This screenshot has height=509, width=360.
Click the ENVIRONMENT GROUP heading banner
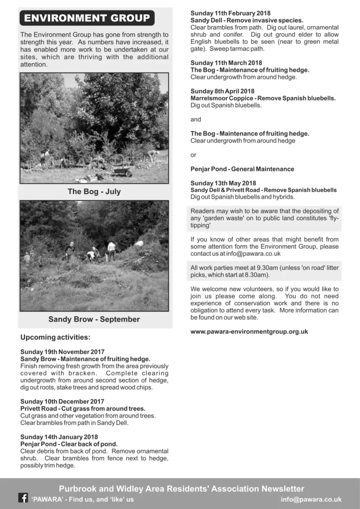pyautogui.click(x=87, y=18)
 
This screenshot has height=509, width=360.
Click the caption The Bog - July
pyautogui.click(x=94, y=191)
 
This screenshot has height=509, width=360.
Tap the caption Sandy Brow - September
pyautogui.click(x=94, y=319)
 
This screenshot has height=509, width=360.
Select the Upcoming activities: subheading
pyautogui.click(x=55, y=338)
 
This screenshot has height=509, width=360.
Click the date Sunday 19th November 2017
pyautogui.click(x=63, y=352)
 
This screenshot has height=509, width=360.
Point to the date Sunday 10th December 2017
pyautogui.click(x=62, y=401)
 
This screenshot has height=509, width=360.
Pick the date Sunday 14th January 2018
pyautogui.click(x=59, y=437)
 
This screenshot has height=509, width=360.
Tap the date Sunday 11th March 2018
pyautogui.click(x=226, y=63)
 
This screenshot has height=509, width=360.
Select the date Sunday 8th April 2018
pyautogui.click(x=222, y=91)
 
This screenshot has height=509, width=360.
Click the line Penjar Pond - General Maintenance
pyautogui.click(x=242, y=169)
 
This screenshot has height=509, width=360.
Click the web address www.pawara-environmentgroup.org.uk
pyautogui.click(x=249, y=332)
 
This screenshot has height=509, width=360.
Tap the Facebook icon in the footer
pyautogui.click(x=23, y=498)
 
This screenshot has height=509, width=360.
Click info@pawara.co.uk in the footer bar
pyautogui.click(x=311, y=499)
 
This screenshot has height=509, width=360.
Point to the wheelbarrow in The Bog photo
pyautogui.click(x=122, y=171)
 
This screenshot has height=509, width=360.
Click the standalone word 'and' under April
pyautogui.click(x=196, y=119)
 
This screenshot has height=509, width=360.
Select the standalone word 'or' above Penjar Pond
pyautogui.click(x=193, y=155)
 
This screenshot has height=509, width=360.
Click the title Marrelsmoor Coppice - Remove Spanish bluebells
pyautogui.click(x=263, y=98)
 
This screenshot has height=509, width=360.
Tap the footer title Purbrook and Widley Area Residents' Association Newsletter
pyautogui.click(x=181, y=489)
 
